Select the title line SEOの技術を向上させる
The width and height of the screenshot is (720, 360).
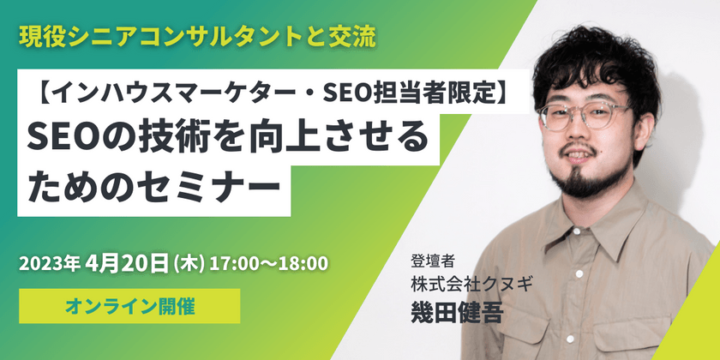pos(227,137)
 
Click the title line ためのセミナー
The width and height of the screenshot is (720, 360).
pos(154,185)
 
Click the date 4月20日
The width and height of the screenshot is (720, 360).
pos(128,261)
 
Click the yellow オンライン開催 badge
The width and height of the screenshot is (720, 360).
pos(129,305)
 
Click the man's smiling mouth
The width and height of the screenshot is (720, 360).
pos(574,159)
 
